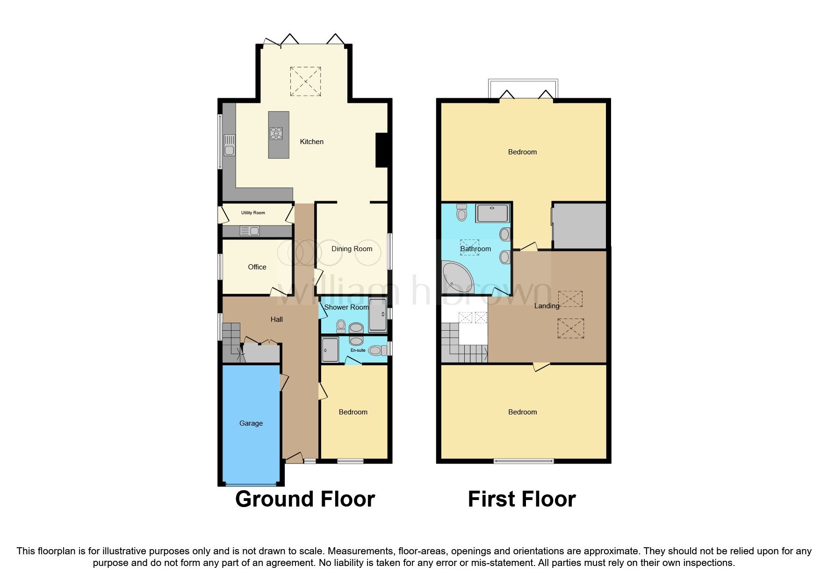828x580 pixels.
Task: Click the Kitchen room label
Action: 311,142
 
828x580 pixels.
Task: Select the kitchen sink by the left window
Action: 229,145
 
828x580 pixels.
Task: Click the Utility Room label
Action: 253,213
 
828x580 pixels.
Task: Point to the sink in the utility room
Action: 250,231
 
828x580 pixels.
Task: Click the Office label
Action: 257,267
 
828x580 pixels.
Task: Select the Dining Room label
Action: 352,249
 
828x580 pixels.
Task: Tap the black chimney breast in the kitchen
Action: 382,150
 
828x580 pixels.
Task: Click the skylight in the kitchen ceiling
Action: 305,81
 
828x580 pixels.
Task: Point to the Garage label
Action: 251,423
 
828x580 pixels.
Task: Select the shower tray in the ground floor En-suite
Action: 330,350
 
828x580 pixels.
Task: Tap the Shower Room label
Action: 346,307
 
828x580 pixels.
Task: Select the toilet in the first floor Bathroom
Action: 461,212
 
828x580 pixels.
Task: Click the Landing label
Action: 547,306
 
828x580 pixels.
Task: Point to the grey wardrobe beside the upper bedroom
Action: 579,226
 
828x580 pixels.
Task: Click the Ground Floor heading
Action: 305,499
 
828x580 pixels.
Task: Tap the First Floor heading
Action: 522,499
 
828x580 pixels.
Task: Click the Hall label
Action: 277,319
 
